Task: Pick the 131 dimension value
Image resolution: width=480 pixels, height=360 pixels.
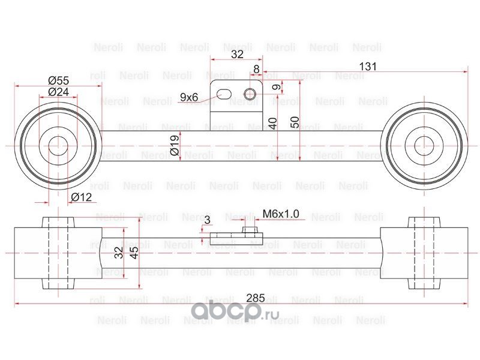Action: [x=365, y=67]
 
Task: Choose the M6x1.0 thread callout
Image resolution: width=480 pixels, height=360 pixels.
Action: [x=281, y=214]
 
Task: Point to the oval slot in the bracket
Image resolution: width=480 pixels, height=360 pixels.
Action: [x=224, y=94]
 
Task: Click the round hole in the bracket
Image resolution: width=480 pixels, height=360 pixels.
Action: [x=251, y=92]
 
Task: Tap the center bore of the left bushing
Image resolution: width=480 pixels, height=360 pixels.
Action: [x=58, y=146]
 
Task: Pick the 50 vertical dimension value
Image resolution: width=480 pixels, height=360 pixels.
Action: [x=295, y=121]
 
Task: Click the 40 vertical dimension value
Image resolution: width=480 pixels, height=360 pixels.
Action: [x=273, y=124]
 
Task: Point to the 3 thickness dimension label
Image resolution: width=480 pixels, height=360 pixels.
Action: [x=207, y=220]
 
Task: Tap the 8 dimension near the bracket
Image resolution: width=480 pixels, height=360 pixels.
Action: [x=256, y=69]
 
